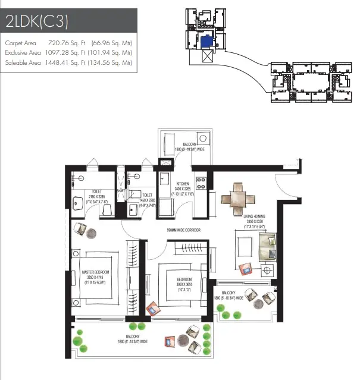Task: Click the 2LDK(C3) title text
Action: click(x=37, y=23)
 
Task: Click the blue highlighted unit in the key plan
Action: click(x=205, y=42)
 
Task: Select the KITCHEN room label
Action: click(x=183, y=184)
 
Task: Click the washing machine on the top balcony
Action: click(x=165, y=162)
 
